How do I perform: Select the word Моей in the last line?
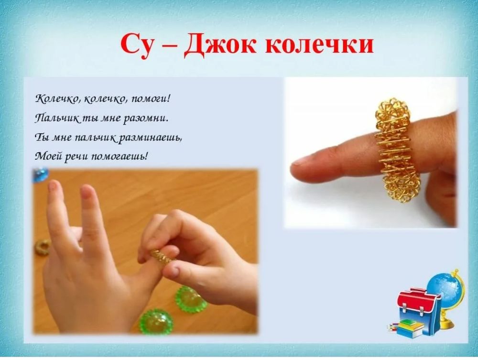point(46,155)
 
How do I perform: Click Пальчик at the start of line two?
point(52,117)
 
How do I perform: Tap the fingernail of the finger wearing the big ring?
point(301,161)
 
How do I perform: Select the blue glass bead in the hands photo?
point(40,175)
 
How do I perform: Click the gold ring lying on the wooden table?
point(43,247)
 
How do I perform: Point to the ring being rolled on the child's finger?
point(162,257)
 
